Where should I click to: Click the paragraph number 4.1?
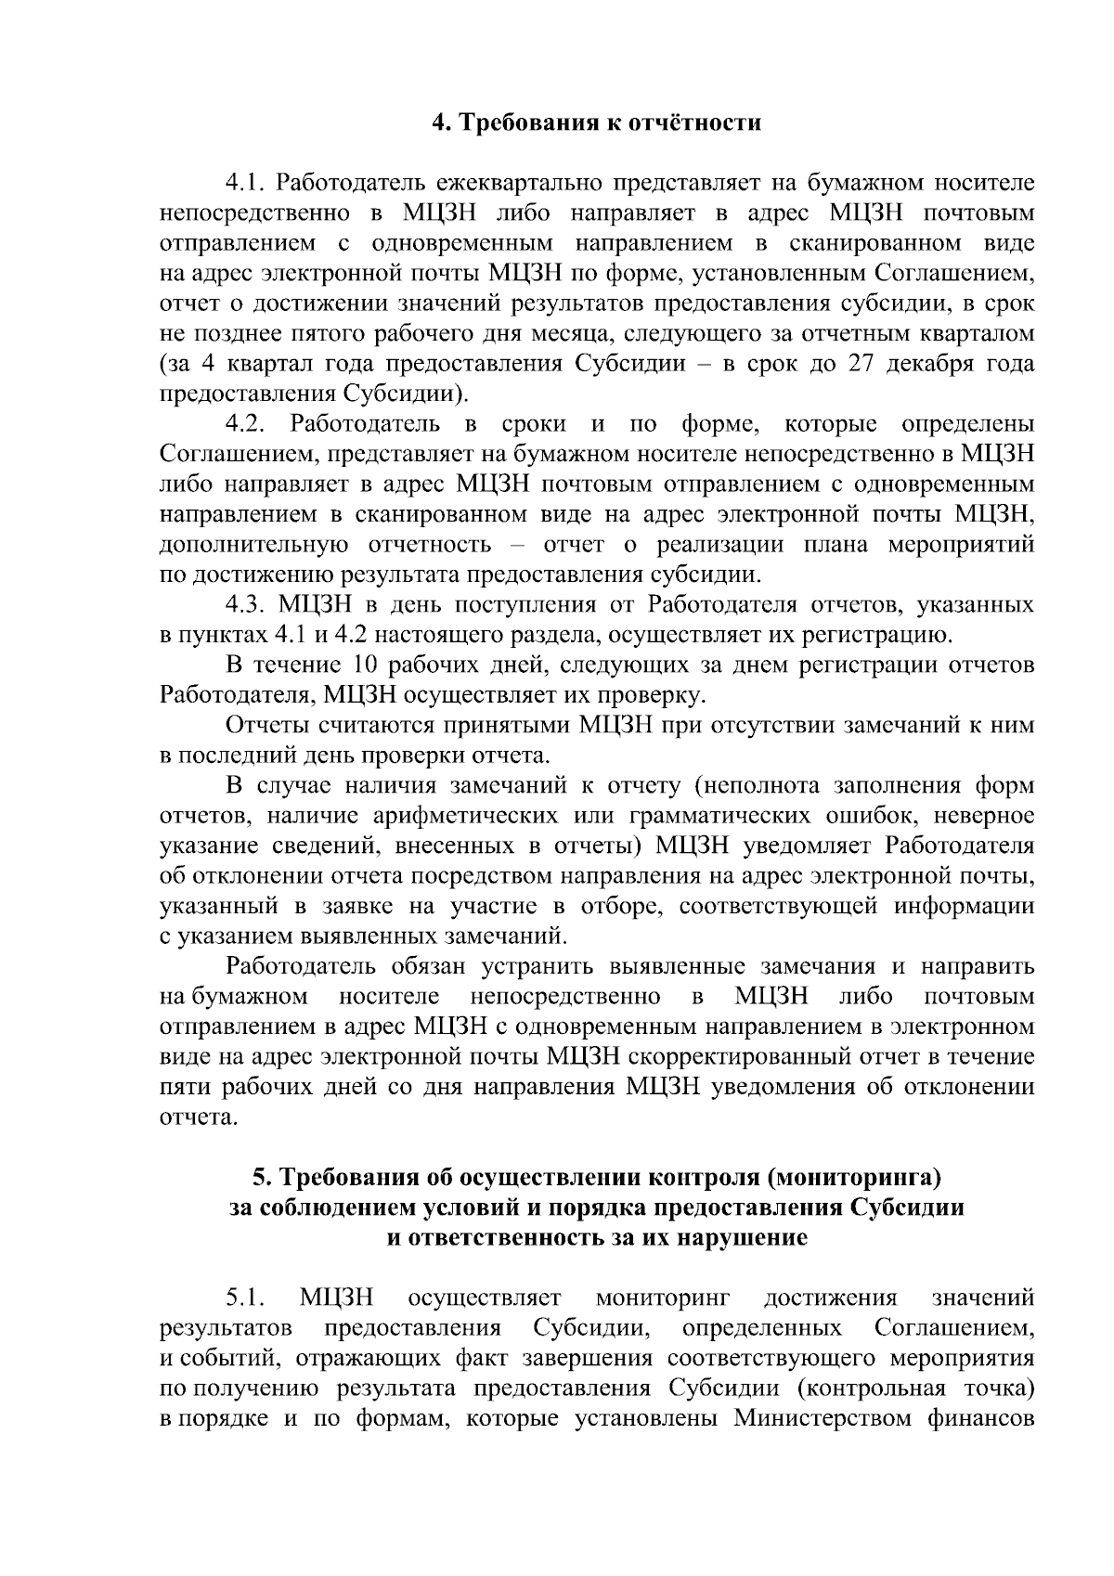(247, 183)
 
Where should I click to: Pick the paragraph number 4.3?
(247, 605)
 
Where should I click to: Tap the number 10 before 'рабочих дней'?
(363, 665)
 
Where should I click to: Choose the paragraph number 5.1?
(247, 1298)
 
